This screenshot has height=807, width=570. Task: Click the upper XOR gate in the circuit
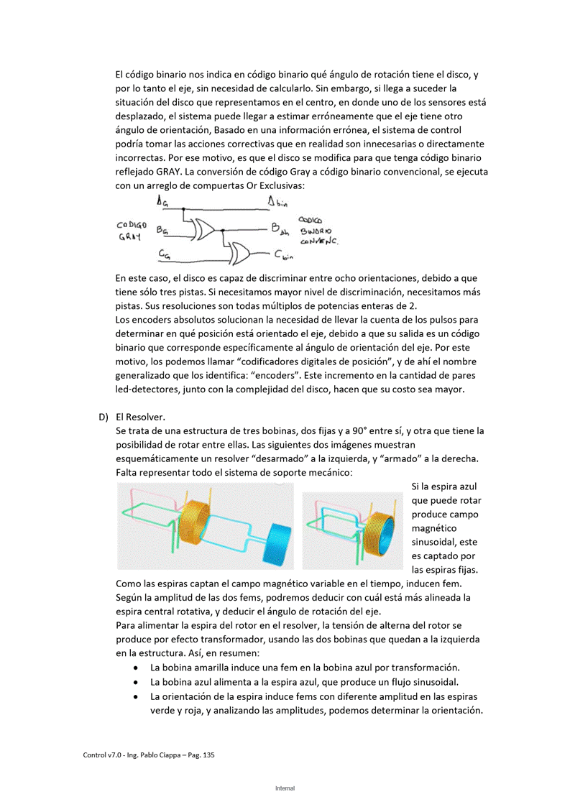pyautogui.click(x=204, y=229)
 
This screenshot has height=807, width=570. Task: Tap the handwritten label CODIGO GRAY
pyautogui.click(x=132, y=230)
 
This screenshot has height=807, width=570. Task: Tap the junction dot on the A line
pyautogui.click(x=184, y=209)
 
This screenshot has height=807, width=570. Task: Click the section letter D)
pyautogui.click(x=104, y=417)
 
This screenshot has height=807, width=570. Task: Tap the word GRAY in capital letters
pyautogui.click(x=160, y=171)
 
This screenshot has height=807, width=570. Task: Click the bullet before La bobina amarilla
pyautogui.click(x=137, y=668)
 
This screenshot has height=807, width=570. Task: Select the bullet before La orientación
pyautogui.click(x=137, y=696)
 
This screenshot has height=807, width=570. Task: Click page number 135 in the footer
pyautogui.click(x=208, y=755)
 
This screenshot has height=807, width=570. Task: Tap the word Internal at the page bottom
pyautogui.click(x=285, y=788)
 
